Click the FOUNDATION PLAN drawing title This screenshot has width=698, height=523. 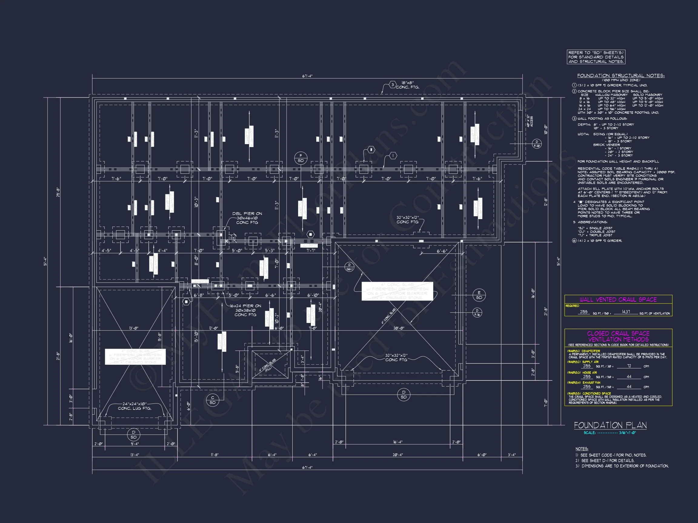pos(610,425)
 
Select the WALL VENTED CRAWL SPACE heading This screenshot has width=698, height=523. pos(618,300)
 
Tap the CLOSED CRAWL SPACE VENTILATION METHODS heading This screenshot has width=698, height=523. pos(618,336)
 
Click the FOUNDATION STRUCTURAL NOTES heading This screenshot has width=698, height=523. pos(621,76)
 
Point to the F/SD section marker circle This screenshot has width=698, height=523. pos(301,158)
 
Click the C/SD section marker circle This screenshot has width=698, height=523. pos(212,400)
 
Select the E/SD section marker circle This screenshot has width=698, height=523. pos(479,295)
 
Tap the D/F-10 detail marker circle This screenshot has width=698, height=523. pos(537,144)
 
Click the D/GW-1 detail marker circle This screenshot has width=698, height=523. pos(349,267)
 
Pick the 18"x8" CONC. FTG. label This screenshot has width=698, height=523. pos(408,85)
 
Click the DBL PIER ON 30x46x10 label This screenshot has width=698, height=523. pos(247,218)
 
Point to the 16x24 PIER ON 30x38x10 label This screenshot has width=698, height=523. pos(245,310)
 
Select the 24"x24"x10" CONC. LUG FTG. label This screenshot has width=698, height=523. pos(135,406)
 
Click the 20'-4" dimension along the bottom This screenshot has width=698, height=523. pos(397,455)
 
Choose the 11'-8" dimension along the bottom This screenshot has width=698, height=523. pos(214,455)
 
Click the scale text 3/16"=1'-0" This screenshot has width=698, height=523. pos(627,433)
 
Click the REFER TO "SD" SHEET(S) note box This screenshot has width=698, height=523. pos(596,57)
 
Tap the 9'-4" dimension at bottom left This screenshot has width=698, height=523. pos(135,444)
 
